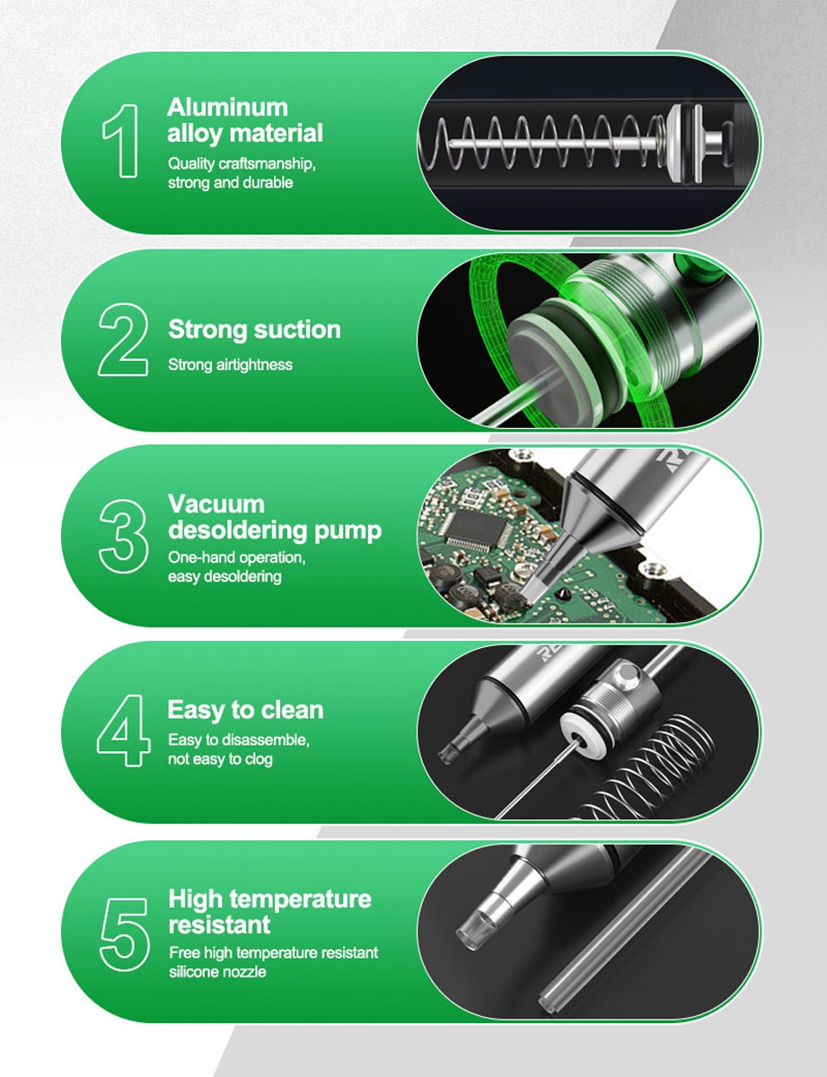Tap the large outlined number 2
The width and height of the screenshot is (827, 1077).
(123, 339)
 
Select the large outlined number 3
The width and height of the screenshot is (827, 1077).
(123, 536)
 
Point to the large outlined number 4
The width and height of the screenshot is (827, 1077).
(123, 730)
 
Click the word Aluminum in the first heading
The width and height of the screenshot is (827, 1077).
(227, 107)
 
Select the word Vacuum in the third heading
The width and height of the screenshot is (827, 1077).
(216, 504)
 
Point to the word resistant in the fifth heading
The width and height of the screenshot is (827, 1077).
(220, 924)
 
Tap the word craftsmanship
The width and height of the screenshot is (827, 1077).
(267, 164)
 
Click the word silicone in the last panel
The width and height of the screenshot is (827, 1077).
(193, 971)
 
